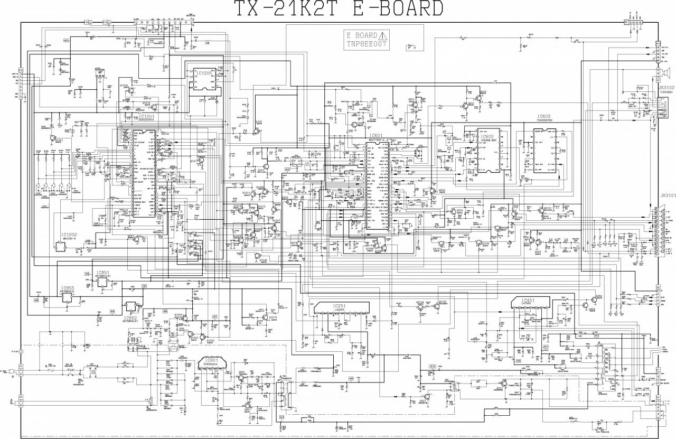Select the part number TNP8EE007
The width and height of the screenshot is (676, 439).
click(367, 44)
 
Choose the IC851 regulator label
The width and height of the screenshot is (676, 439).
click(102, 273)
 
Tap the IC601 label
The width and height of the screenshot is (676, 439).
click(376, 135)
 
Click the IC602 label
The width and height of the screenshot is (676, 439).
click(487, 136)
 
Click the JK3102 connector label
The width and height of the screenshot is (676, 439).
click(666, 87)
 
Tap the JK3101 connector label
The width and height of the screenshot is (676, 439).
click(667, 195)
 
